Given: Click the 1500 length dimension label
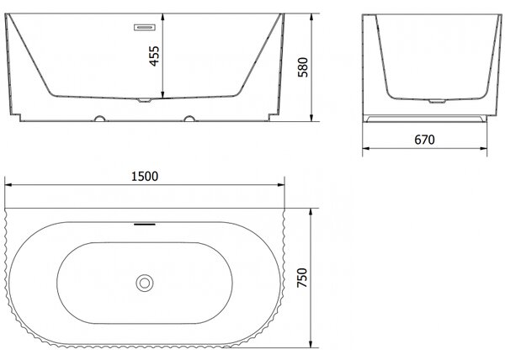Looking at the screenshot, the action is [145, 177].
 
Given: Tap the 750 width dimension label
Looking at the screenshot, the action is [302, 278].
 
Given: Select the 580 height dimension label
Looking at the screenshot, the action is [303, 67].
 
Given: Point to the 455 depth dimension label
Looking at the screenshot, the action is [154, 56].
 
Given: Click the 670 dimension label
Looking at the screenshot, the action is [424, 140].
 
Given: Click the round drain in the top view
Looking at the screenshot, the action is [145, 283].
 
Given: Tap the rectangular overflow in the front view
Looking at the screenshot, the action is [145, 28].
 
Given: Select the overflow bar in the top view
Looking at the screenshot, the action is [145, 225].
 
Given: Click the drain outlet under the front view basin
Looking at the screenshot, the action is [145, 100].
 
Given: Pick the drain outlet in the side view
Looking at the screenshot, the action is [438, 101].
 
